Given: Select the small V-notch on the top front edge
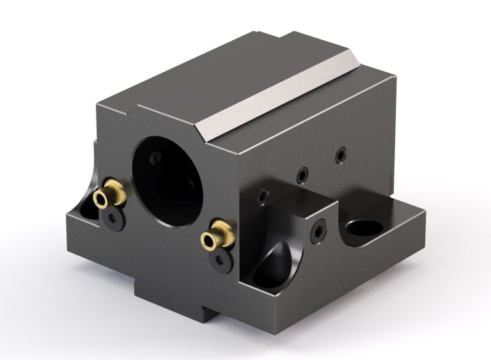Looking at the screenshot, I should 131,113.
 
